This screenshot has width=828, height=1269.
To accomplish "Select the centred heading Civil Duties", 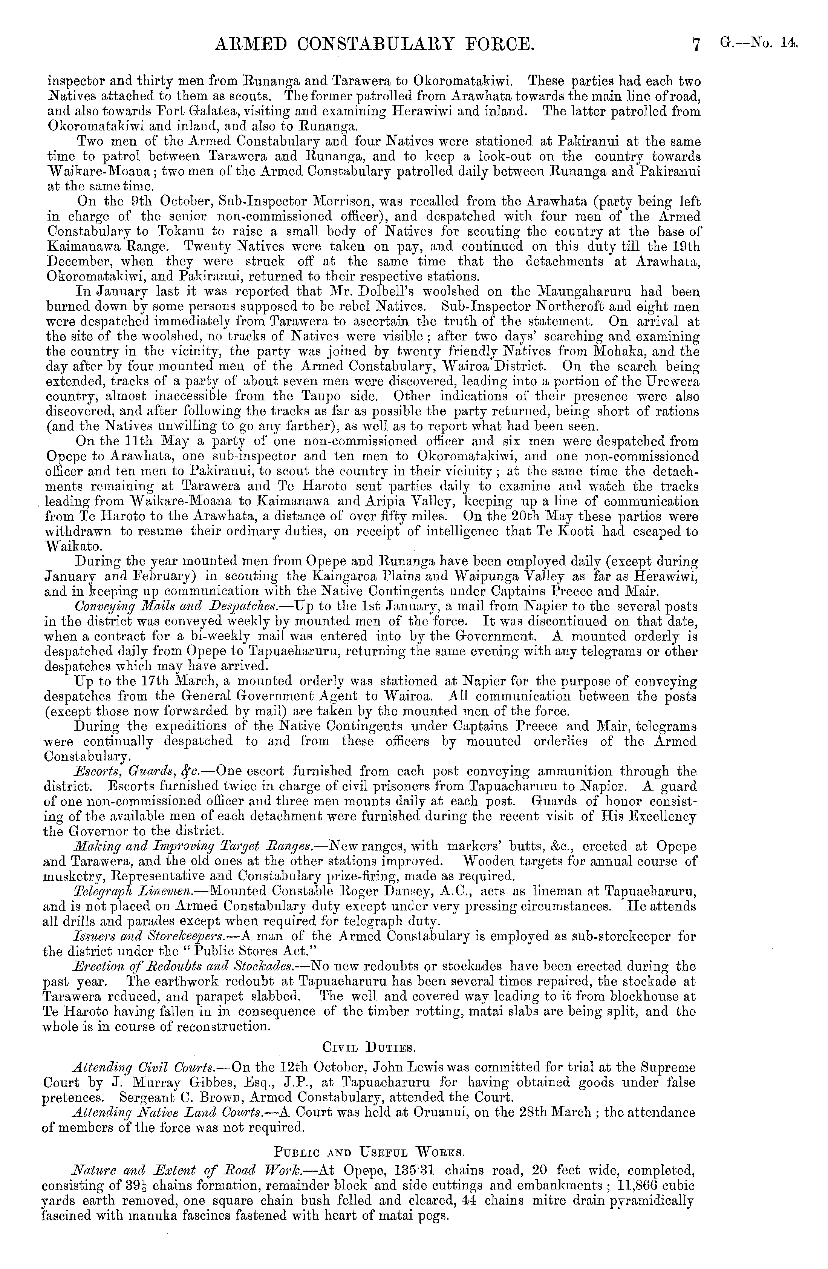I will (x=369, y=1047).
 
